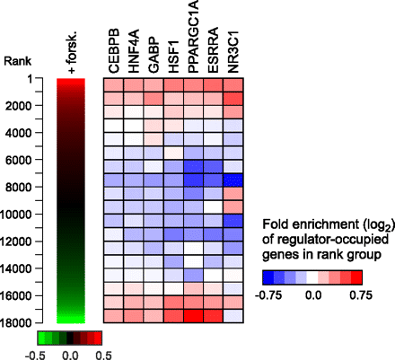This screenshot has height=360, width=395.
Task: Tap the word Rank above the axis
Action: coord(18,61)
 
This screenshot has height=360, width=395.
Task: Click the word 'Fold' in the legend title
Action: coord(275,222)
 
